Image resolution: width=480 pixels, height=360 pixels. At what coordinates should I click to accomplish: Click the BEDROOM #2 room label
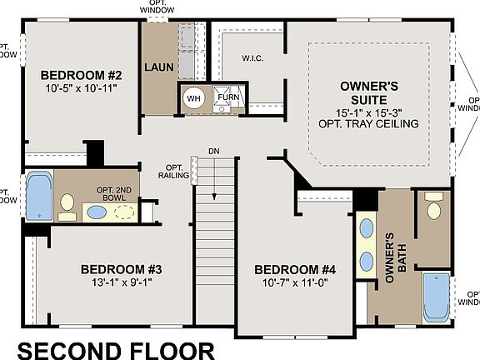click(81, 72)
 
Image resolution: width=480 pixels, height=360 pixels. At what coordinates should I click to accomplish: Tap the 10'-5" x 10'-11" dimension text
click(82, 86)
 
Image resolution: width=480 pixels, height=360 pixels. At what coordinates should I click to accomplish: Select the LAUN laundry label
click(158, 66)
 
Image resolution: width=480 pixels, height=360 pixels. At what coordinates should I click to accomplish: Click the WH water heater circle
click(193, 97)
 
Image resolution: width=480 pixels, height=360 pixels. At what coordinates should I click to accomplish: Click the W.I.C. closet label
click(252, 58)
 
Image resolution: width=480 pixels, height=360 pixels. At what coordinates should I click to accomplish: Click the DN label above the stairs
click(214, 151)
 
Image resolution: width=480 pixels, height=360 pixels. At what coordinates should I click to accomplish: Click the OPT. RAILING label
click(173, 171)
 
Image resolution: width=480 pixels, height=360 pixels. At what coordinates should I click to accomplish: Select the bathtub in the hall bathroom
click(38, 196)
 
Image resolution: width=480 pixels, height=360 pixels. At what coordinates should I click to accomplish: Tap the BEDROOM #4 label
click(294, 269)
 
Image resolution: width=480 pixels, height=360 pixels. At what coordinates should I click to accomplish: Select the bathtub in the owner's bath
click(435, 297)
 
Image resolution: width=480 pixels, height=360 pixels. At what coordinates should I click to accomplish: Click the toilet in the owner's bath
click(434, 207)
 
